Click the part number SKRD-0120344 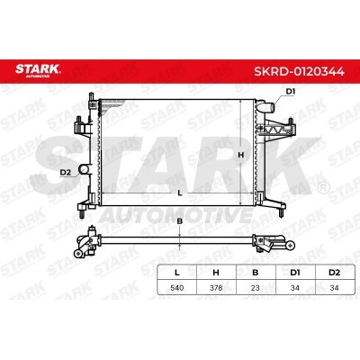pos(299,72)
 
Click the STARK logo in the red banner pos(38,70)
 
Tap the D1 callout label pos(290,92)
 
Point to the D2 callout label pos(65,172)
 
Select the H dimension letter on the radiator pos(240,155)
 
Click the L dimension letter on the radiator pos(180,193)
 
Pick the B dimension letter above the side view pos(180,221)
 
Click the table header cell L pos(177,273)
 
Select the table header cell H pos(216,273)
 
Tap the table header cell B pos(256,273)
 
